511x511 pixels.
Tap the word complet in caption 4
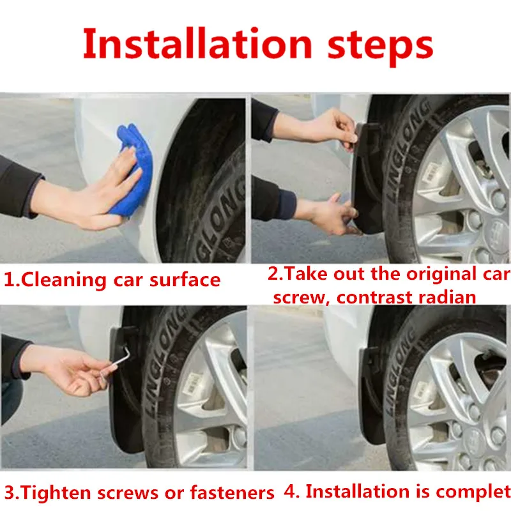click(473, 491)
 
